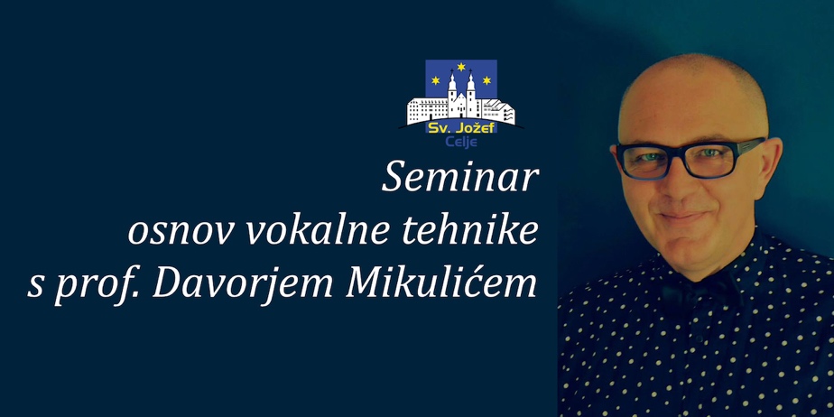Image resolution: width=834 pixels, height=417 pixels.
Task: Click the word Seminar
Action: tap(460, 178)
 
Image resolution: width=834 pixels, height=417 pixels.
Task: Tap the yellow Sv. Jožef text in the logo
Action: tap(461, 128)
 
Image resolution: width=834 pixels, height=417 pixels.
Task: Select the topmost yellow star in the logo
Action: tap(461, 67)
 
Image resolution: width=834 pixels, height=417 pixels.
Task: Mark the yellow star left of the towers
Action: tap(436, 80)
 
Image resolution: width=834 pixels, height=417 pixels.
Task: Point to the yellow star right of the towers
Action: tap(486, 80)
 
